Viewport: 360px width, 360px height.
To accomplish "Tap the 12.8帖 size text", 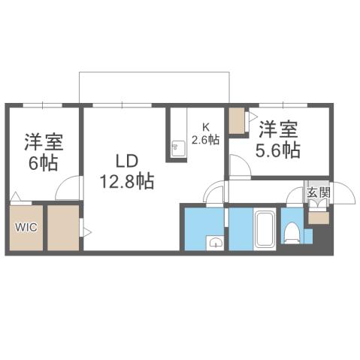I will click(127, 180).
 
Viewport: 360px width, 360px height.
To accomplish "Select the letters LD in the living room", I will click(127, 161).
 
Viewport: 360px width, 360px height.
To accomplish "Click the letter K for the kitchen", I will click(204, 127).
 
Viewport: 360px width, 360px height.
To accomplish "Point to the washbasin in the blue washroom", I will click(216, 242).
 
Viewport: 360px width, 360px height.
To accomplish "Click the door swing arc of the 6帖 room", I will click(69, 188).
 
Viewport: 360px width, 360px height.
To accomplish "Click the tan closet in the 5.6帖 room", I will click(237, 120).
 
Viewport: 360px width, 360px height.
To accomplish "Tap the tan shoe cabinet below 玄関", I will click(317, 218).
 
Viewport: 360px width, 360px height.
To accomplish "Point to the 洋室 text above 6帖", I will click(42, 141).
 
